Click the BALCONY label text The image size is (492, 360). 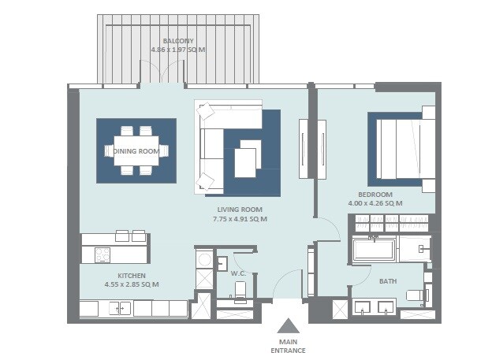point(178,40)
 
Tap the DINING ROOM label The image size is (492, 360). point(136,150)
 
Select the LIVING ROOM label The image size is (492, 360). point(240,210)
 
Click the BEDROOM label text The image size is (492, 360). point(375,194)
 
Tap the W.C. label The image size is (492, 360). point(238,273)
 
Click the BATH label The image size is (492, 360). point(388,280)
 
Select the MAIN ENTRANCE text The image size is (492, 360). point(289,346)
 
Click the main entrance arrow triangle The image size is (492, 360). point(289,326)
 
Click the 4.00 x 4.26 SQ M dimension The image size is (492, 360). point(375,202)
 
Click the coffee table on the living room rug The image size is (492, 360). point(246,161)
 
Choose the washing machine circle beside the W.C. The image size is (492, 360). point(203,258)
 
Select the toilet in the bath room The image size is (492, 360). point(416,295)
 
